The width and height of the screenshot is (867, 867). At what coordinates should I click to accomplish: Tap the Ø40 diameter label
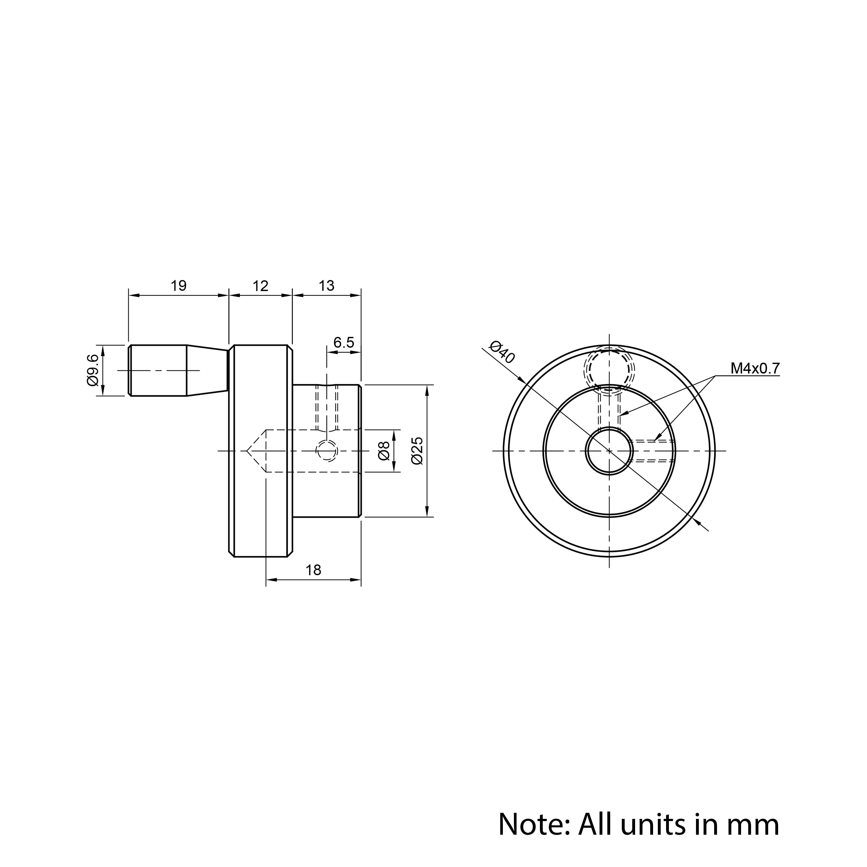click(x=503, y=352)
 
